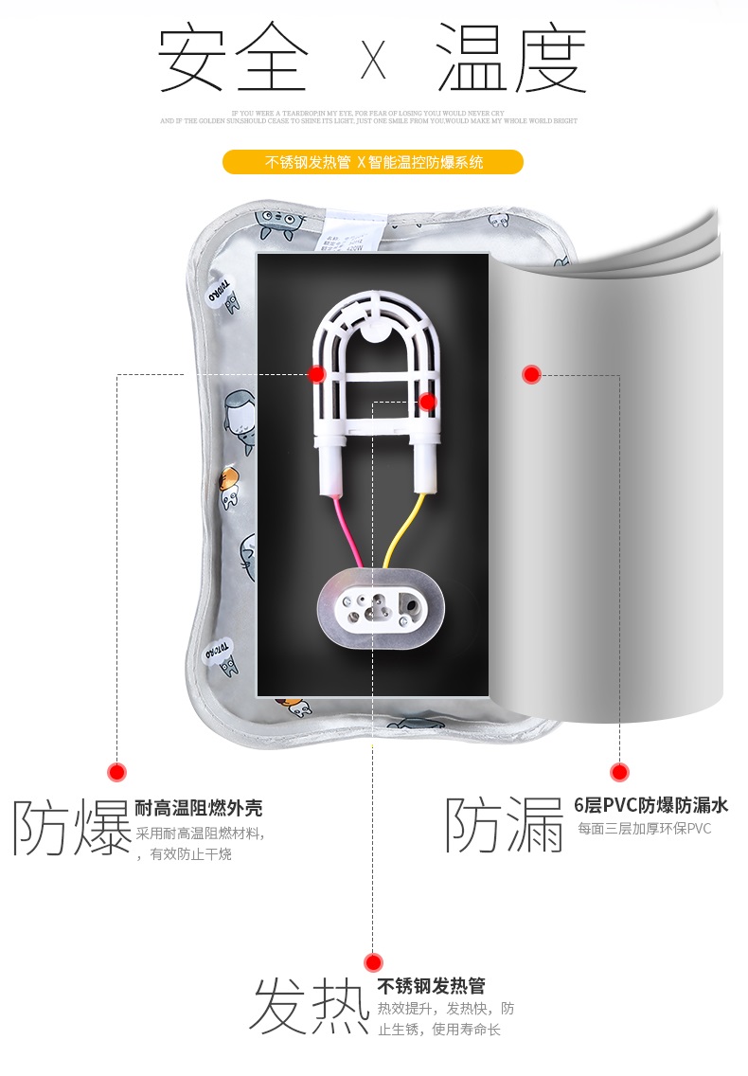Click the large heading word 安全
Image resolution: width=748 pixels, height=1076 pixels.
(x=232, y=59)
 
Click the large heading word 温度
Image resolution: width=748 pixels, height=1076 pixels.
(x=511, y=59)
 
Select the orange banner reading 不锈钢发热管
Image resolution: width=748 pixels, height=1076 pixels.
(x=372, y=162)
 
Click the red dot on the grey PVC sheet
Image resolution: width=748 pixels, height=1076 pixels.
(x=531, y=374)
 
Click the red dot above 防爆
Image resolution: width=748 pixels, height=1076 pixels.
(x=116, y=772)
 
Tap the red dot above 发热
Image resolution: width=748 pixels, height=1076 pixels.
(x=373, y=962)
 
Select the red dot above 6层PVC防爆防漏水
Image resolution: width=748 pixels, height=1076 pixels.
(x=619, y=772)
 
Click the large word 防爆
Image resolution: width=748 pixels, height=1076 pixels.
(x=71, y=827)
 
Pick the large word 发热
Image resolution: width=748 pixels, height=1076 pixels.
(x=309, y=1006)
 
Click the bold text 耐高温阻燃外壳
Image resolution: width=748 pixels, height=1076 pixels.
(x=199, y=808)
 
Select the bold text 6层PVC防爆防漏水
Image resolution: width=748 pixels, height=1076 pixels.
(x=651, y=806)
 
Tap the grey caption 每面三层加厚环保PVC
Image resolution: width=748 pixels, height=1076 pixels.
(x=644, y=829)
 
